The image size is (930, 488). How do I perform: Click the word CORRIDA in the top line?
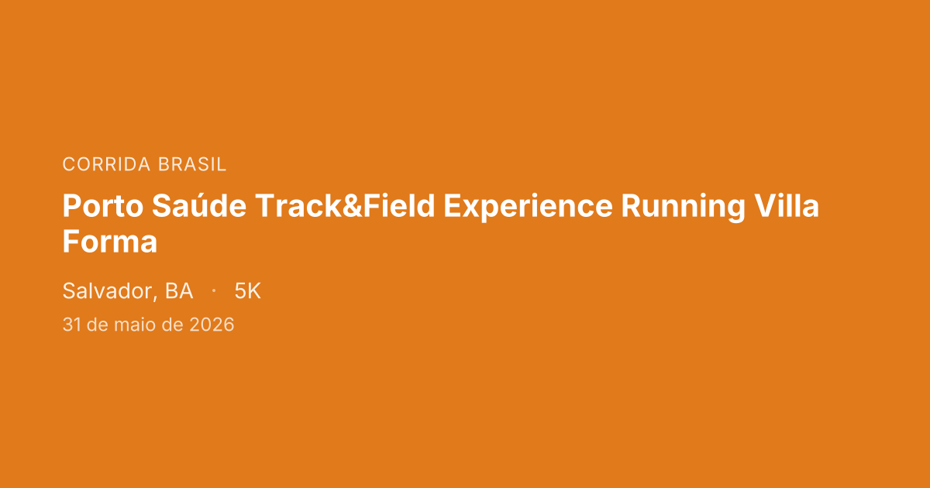106,164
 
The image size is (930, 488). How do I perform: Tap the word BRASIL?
192,164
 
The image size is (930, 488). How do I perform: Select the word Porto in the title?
103,206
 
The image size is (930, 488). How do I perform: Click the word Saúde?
199,205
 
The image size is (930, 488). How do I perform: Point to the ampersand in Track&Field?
352,206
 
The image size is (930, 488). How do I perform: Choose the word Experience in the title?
528,207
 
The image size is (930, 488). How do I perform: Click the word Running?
683,207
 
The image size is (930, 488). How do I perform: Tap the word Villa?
787,205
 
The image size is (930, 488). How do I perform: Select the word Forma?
110,242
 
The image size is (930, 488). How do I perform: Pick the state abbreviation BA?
179,291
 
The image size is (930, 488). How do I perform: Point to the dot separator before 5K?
214,291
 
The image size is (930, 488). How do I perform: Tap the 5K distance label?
247,291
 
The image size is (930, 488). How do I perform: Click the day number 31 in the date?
71,325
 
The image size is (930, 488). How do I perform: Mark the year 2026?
212,325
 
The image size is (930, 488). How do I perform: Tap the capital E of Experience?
453,206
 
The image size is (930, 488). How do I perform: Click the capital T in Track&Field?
266,206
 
